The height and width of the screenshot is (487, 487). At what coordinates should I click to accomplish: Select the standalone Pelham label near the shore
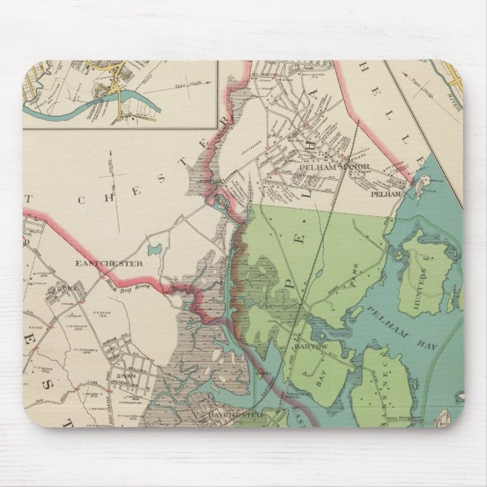point(383,192)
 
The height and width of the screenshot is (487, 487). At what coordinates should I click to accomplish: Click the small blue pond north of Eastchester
point(154,249)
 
